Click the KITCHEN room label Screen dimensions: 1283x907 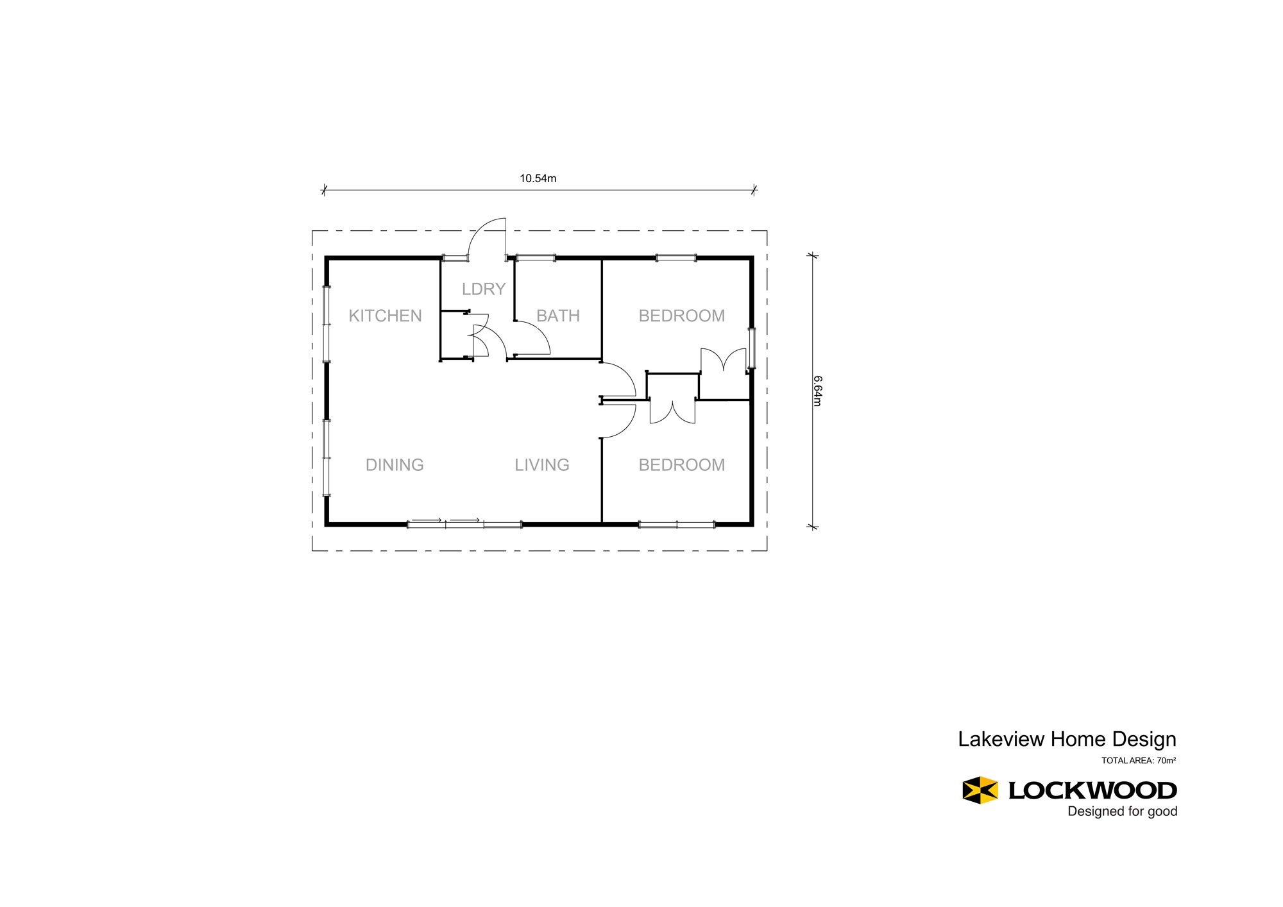385,316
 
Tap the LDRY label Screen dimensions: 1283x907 484,289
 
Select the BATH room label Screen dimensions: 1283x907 558,316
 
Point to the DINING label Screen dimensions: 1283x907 395,464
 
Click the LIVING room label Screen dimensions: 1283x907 542,464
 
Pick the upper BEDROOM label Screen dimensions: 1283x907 682,316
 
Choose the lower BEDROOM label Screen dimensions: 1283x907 682,464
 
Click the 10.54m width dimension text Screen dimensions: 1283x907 538,178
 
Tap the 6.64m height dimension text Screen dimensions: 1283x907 817,391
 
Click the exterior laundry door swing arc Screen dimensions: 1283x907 479,228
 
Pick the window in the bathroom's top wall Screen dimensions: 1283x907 536,258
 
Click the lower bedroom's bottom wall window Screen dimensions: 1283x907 677,525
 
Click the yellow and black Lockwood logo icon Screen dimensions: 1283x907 980,790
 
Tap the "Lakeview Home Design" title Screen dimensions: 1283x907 1067,739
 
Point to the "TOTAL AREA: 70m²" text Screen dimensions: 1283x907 1139,761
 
